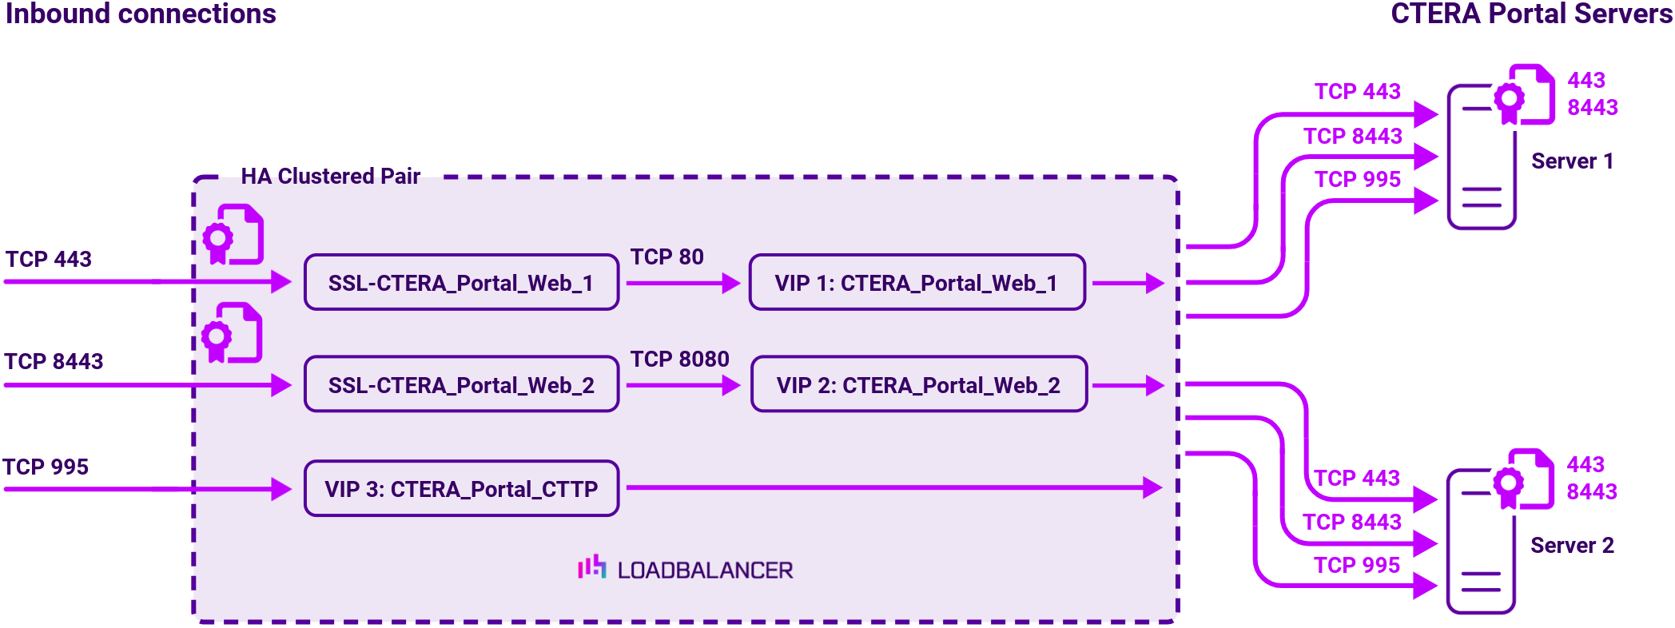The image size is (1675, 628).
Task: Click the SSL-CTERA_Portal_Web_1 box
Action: coord(461,283)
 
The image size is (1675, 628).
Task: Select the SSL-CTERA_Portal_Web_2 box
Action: coord(461,385)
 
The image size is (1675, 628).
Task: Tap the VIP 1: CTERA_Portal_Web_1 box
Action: coord(916,283)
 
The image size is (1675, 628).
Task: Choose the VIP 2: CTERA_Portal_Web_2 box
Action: coord(918,385)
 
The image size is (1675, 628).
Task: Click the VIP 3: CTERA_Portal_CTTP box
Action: coord(461,489)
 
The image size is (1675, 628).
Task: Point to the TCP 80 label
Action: coord(666,257)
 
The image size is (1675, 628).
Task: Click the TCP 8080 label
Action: coord(679,360)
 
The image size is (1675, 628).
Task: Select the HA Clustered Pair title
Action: coord(330,177)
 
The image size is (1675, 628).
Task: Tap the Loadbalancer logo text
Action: coord(704,570)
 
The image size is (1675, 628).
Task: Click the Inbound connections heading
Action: coord(141,14)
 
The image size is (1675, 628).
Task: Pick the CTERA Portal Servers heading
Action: coord(1531,14)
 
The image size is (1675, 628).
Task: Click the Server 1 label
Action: coord(1572,161)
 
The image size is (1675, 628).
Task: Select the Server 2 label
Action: coord(1572,546)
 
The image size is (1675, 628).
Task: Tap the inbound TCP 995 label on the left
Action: coord(46,467)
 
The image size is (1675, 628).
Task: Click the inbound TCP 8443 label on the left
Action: coord(54,362)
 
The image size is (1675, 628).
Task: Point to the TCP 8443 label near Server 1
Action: coord(1352,137)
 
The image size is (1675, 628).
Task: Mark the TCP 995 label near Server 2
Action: coord(1356,566)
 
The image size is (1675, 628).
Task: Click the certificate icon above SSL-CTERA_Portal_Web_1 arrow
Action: coord(233,234)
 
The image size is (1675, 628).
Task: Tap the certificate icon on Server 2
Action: coord(1524,479)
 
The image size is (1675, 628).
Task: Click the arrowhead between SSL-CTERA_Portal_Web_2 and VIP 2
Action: coord(730,386)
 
